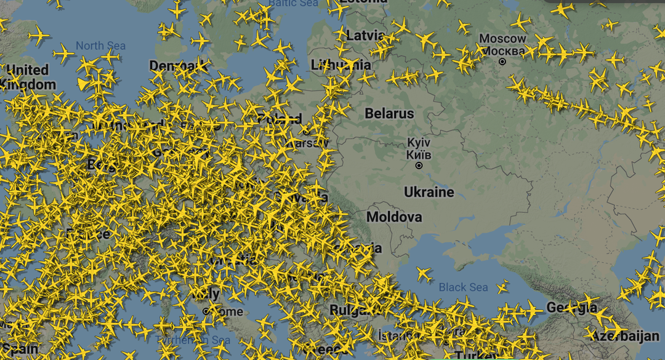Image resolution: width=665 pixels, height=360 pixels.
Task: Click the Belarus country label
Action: point(389,114)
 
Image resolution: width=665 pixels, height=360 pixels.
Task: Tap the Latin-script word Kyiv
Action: point(419,143)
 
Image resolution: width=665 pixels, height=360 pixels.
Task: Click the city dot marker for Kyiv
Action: point(419,166)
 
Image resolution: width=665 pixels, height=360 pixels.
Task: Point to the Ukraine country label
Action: point(429,192)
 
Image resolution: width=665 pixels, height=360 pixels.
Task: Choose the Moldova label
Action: point(394,217)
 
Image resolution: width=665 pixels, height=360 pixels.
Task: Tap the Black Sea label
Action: point(463,287)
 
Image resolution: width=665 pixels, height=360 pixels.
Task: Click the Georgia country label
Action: point(571,307)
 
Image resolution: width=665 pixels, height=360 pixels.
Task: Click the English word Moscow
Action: point(502,39)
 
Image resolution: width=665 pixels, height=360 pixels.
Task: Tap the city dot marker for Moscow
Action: point(502,62)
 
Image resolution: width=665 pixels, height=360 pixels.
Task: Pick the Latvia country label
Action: point(365,35)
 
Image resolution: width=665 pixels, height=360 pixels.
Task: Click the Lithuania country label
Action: point(341,65)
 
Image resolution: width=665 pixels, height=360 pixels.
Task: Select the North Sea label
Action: point(100,46)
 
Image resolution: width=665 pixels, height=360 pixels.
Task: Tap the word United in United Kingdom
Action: point(27,70)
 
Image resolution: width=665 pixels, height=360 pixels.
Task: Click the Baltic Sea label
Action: point(294,3)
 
